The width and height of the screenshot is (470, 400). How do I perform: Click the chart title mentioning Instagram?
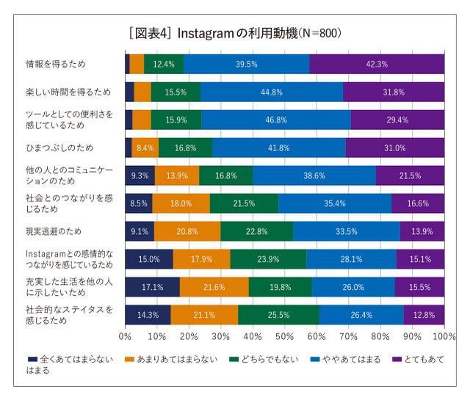[234, 33]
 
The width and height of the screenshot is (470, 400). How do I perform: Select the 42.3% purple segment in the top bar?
[377, 64]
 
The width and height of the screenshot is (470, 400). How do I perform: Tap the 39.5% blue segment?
[246, 64]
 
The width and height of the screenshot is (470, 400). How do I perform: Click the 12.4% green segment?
[163, 64]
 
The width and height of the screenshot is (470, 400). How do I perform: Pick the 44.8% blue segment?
[272, 92]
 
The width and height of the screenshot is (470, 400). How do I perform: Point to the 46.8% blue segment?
[276, 120]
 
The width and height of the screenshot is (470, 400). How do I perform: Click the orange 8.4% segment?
[145, 148]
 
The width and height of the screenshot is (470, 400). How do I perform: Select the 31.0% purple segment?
[394, 148]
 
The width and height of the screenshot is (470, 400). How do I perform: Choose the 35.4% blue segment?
[334, 203]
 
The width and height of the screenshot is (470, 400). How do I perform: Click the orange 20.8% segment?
[187, 231]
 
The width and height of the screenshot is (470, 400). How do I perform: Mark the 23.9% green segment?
[268, 259]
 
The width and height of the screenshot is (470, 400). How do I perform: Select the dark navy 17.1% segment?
[152, 287]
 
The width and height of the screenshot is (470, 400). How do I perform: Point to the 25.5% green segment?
[278, 315]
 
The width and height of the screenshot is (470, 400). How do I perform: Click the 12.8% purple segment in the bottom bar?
[424, 315]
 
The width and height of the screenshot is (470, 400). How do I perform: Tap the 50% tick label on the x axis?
[284, 336]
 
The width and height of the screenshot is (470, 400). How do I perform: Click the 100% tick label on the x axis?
[443, 336]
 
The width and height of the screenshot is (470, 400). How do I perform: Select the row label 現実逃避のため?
[54, 231]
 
